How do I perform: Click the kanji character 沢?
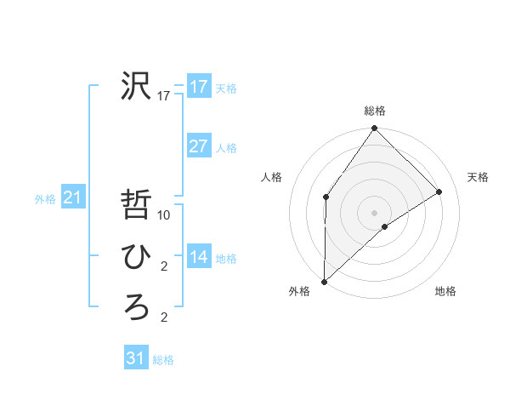136,84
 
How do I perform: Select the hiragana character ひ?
136,255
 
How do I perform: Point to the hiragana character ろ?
136,306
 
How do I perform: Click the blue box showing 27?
198,146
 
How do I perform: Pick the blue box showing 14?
198,257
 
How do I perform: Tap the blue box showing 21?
72,198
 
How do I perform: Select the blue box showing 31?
135,358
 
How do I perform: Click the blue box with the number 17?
198,87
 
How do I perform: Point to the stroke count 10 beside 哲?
164,215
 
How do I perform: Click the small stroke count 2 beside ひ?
164,266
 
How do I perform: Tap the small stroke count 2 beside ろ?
164,317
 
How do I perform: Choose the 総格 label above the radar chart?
375,111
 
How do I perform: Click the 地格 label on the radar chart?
445,291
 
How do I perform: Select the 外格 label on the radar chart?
299,291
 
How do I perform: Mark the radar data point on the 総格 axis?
375,129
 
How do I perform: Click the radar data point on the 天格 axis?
439,191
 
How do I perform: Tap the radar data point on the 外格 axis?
324,281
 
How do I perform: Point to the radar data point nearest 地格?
385,226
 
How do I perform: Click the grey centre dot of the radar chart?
375,212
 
